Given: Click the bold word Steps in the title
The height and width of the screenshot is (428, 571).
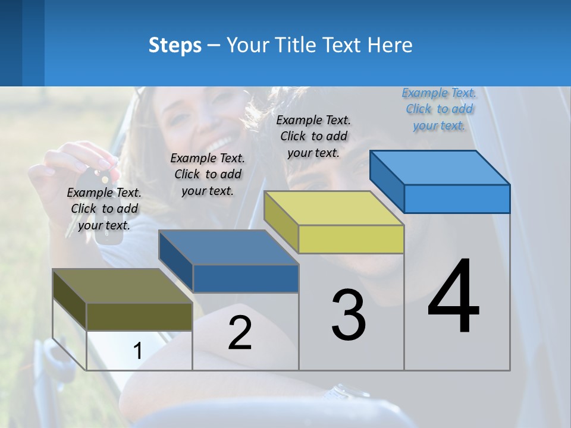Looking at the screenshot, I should click(x=175, y=45).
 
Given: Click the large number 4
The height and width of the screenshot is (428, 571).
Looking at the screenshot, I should click(x=453, y=297).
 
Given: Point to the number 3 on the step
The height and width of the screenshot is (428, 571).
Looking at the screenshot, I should click(x=349, y=315).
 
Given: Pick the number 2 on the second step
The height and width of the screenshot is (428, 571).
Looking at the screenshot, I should click(x=240, y=333).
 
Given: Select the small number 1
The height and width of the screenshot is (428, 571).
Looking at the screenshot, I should click(x=137, y=351).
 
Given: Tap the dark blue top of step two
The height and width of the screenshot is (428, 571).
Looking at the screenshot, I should click(x=228, y=247).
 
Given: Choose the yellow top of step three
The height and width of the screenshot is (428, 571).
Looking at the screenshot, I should click(x=334, y=208).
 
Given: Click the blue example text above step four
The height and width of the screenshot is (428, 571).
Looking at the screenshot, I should click(x=439, y=109).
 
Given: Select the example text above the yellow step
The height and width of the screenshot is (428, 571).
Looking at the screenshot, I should click(x=313, y=136).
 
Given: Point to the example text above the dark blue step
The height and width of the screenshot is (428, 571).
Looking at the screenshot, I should click(x=208, y=174).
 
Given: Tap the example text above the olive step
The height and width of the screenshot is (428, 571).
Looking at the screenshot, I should click(x=104, y=209).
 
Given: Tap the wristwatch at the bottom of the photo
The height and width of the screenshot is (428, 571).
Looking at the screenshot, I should click(x=344, y=392).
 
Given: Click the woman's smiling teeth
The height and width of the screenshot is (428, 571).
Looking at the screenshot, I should click(x=219, y=143).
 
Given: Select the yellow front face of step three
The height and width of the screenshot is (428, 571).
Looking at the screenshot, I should click(x=351, y=240).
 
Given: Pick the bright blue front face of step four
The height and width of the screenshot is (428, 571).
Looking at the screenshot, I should click(x=457, y=199).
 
